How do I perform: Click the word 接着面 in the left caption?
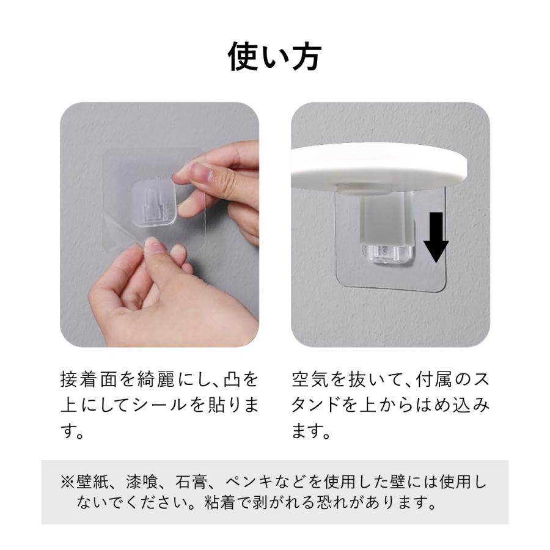click(x=87, y=380)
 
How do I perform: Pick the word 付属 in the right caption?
click(x=435, y=380)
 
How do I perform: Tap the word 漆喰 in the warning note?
click(x=144, y=482)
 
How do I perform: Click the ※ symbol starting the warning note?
click(x=67, y=482)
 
